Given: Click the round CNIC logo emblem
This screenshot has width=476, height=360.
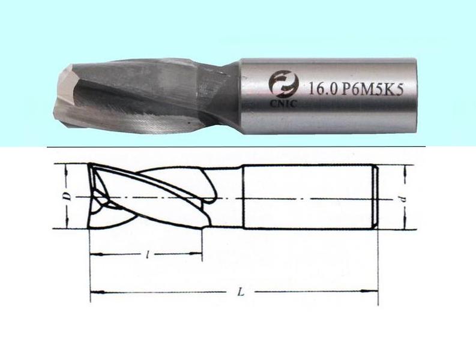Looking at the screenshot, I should point(280,83).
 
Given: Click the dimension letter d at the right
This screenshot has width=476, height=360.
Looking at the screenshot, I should point(406,199).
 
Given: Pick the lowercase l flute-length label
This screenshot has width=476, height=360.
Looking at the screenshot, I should point(147,254).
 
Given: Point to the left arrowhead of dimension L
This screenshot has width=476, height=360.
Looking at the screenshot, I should point(94,293).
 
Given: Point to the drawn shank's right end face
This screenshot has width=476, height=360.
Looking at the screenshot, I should point(376,197).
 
